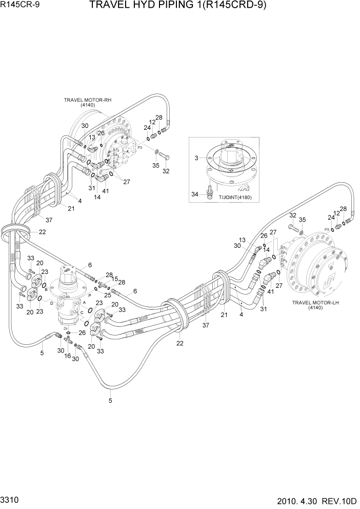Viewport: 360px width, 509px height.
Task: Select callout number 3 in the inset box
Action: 196,158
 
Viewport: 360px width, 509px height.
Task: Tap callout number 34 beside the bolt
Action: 195,193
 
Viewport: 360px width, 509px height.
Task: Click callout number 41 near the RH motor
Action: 105,191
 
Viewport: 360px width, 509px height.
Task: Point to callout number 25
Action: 108,295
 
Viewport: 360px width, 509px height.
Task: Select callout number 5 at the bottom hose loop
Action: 111,401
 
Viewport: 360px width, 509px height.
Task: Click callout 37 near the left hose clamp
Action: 49,220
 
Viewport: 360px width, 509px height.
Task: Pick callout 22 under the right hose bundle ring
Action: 179,343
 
